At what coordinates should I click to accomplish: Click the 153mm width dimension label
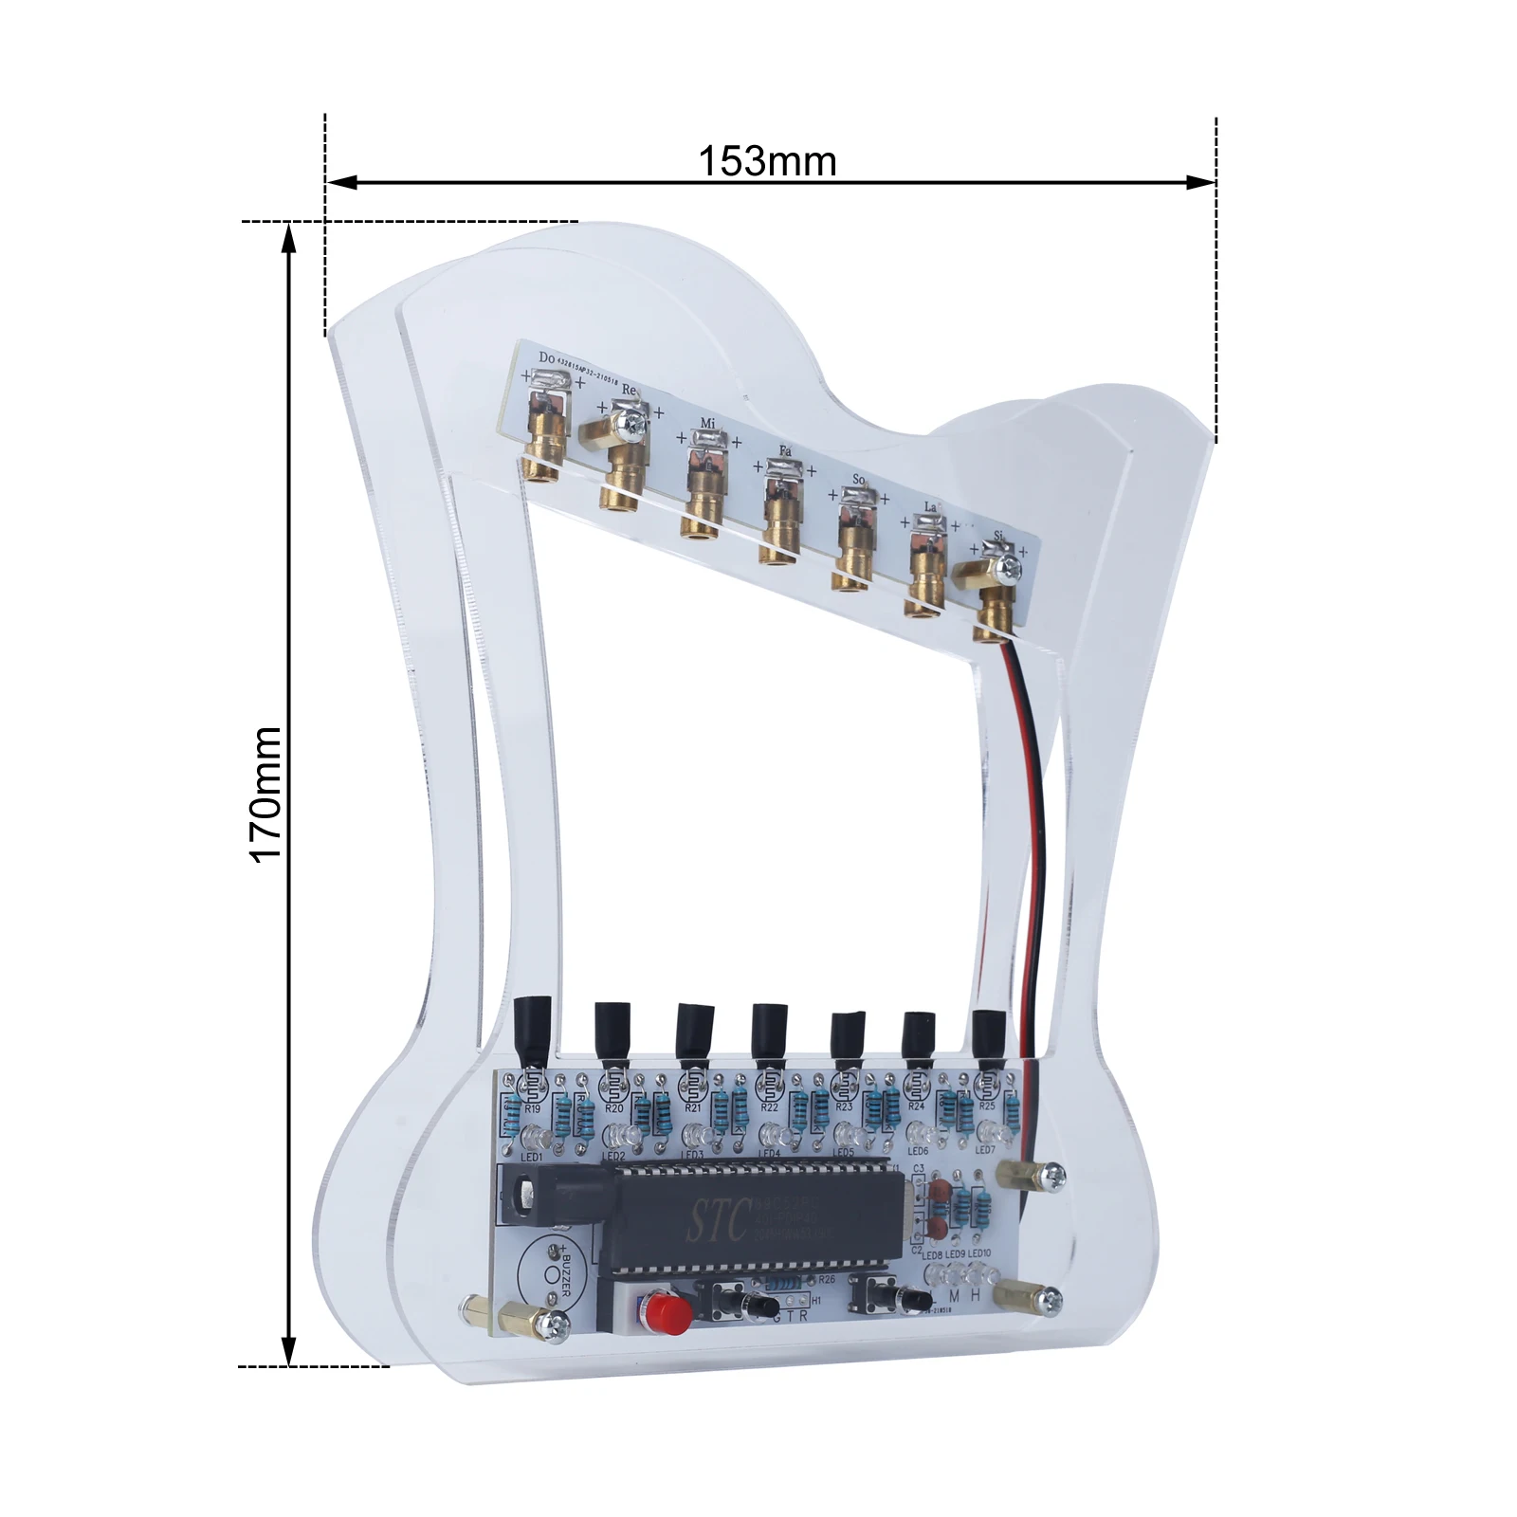(767, 161)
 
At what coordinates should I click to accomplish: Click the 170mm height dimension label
(266, 795)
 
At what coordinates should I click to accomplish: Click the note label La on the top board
(930, 508)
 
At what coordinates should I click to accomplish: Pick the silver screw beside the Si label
(1011, 568)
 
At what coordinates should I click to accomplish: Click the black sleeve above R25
(989, 1037)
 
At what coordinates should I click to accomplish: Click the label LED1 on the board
(532, 1157)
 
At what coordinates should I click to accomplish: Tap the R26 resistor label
(827, 1279)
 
